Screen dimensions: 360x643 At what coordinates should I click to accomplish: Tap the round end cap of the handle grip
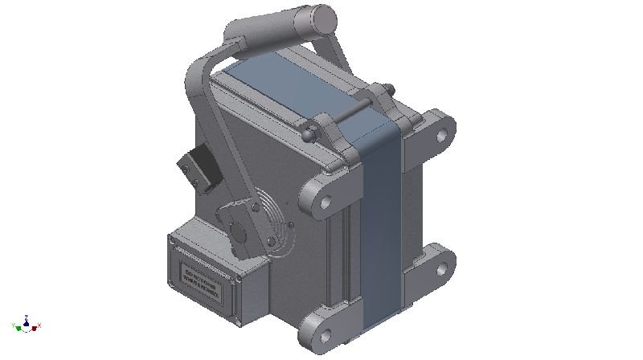click(321, 16)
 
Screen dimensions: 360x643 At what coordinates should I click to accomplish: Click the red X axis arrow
click(37, 326)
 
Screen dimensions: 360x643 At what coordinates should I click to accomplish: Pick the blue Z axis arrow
click(27, 318)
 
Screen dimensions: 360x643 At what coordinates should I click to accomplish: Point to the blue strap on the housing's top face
click(289, 88)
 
